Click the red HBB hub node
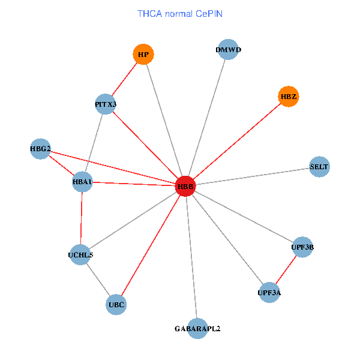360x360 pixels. click(185, 186)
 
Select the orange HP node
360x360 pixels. click(143, 54)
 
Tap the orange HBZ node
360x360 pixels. click(289, 97)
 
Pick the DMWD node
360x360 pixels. click(228, 49)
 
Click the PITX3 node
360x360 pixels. click(106, 104)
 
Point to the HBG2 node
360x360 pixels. click(40, 149)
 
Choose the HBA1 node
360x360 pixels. click(82, 182)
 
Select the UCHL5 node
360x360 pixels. click(80, 254)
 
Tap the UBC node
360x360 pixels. click(116, 304)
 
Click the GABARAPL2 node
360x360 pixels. click(197, 329)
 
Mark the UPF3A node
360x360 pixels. click(269, 293)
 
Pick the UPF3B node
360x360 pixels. click(302, 247)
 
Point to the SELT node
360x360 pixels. click(319, 167)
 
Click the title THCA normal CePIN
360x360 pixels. click(180, 14)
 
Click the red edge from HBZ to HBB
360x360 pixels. click(237, 142)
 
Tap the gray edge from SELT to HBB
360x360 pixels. click(253, 176)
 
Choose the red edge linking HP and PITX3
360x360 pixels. click(124, 79)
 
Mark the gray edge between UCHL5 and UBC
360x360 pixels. click(98, 280)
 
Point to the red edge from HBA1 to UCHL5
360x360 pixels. click(81, 218)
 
